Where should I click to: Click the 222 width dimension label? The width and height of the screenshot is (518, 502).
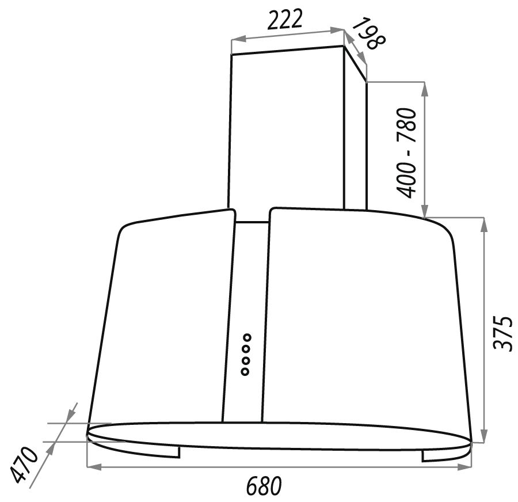(x=284, y=20)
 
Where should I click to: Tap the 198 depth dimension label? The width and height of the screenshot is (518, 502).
(x=367, y=34)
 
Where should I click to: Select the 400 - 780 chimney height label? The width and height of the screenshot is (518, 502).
(x=406, y=153)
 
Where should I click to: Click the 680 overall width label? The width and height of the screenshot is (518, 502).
(x=263, y=485)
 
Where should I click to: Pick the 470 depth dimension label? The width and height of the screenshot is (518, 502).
(x=24, y=465)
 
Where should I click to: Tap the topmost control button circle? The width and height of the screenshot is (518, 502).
(x=246, y=337)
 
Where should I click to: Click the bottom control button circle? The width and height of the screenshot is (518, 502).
(x=245, y=371)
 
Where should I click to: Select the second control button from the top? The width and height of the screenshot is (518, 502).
(x=246, y=349)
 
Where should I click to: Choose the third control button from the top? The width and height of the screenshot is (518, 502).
(x=245, y=360)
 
